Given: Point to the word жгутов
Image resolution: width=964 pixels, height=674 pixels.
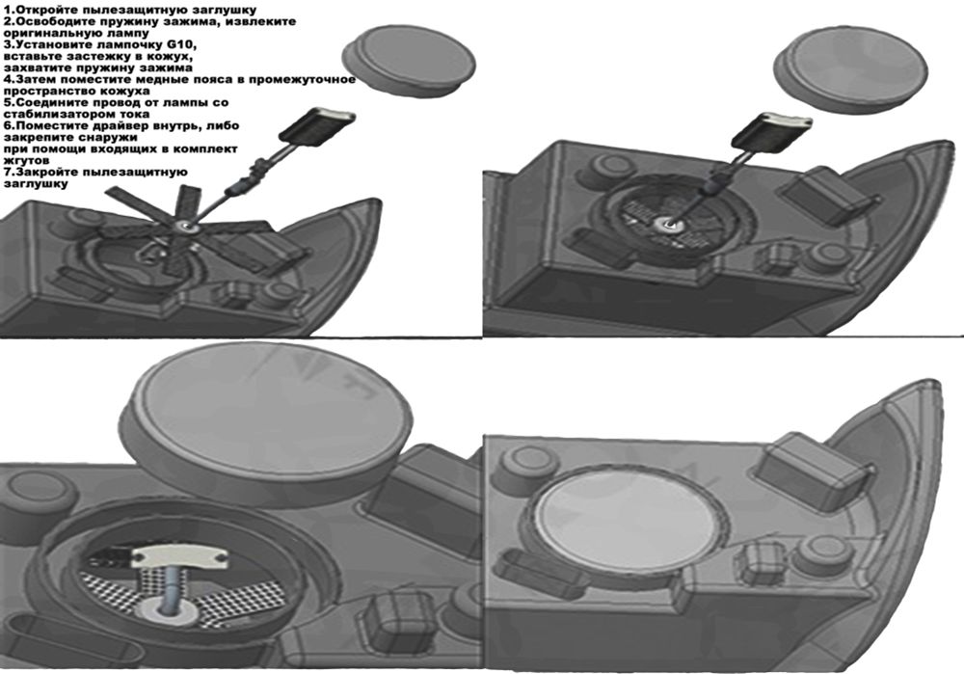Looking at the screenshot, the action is click(26, 160).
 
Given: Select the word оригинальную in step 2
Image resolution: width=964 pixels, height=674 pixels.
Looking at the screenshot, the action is click(48, 33).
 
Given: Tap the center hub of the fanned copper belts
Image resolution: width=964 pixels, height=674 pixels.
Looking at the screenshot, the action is click(184, 229).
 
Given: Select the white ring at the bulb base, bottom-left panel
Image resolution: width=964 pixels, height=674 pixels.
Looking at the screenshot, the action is click(167, 612).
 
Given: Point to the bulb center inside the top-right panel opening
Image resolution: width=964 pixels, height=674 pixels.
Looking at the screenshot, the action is click(664, 226).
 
